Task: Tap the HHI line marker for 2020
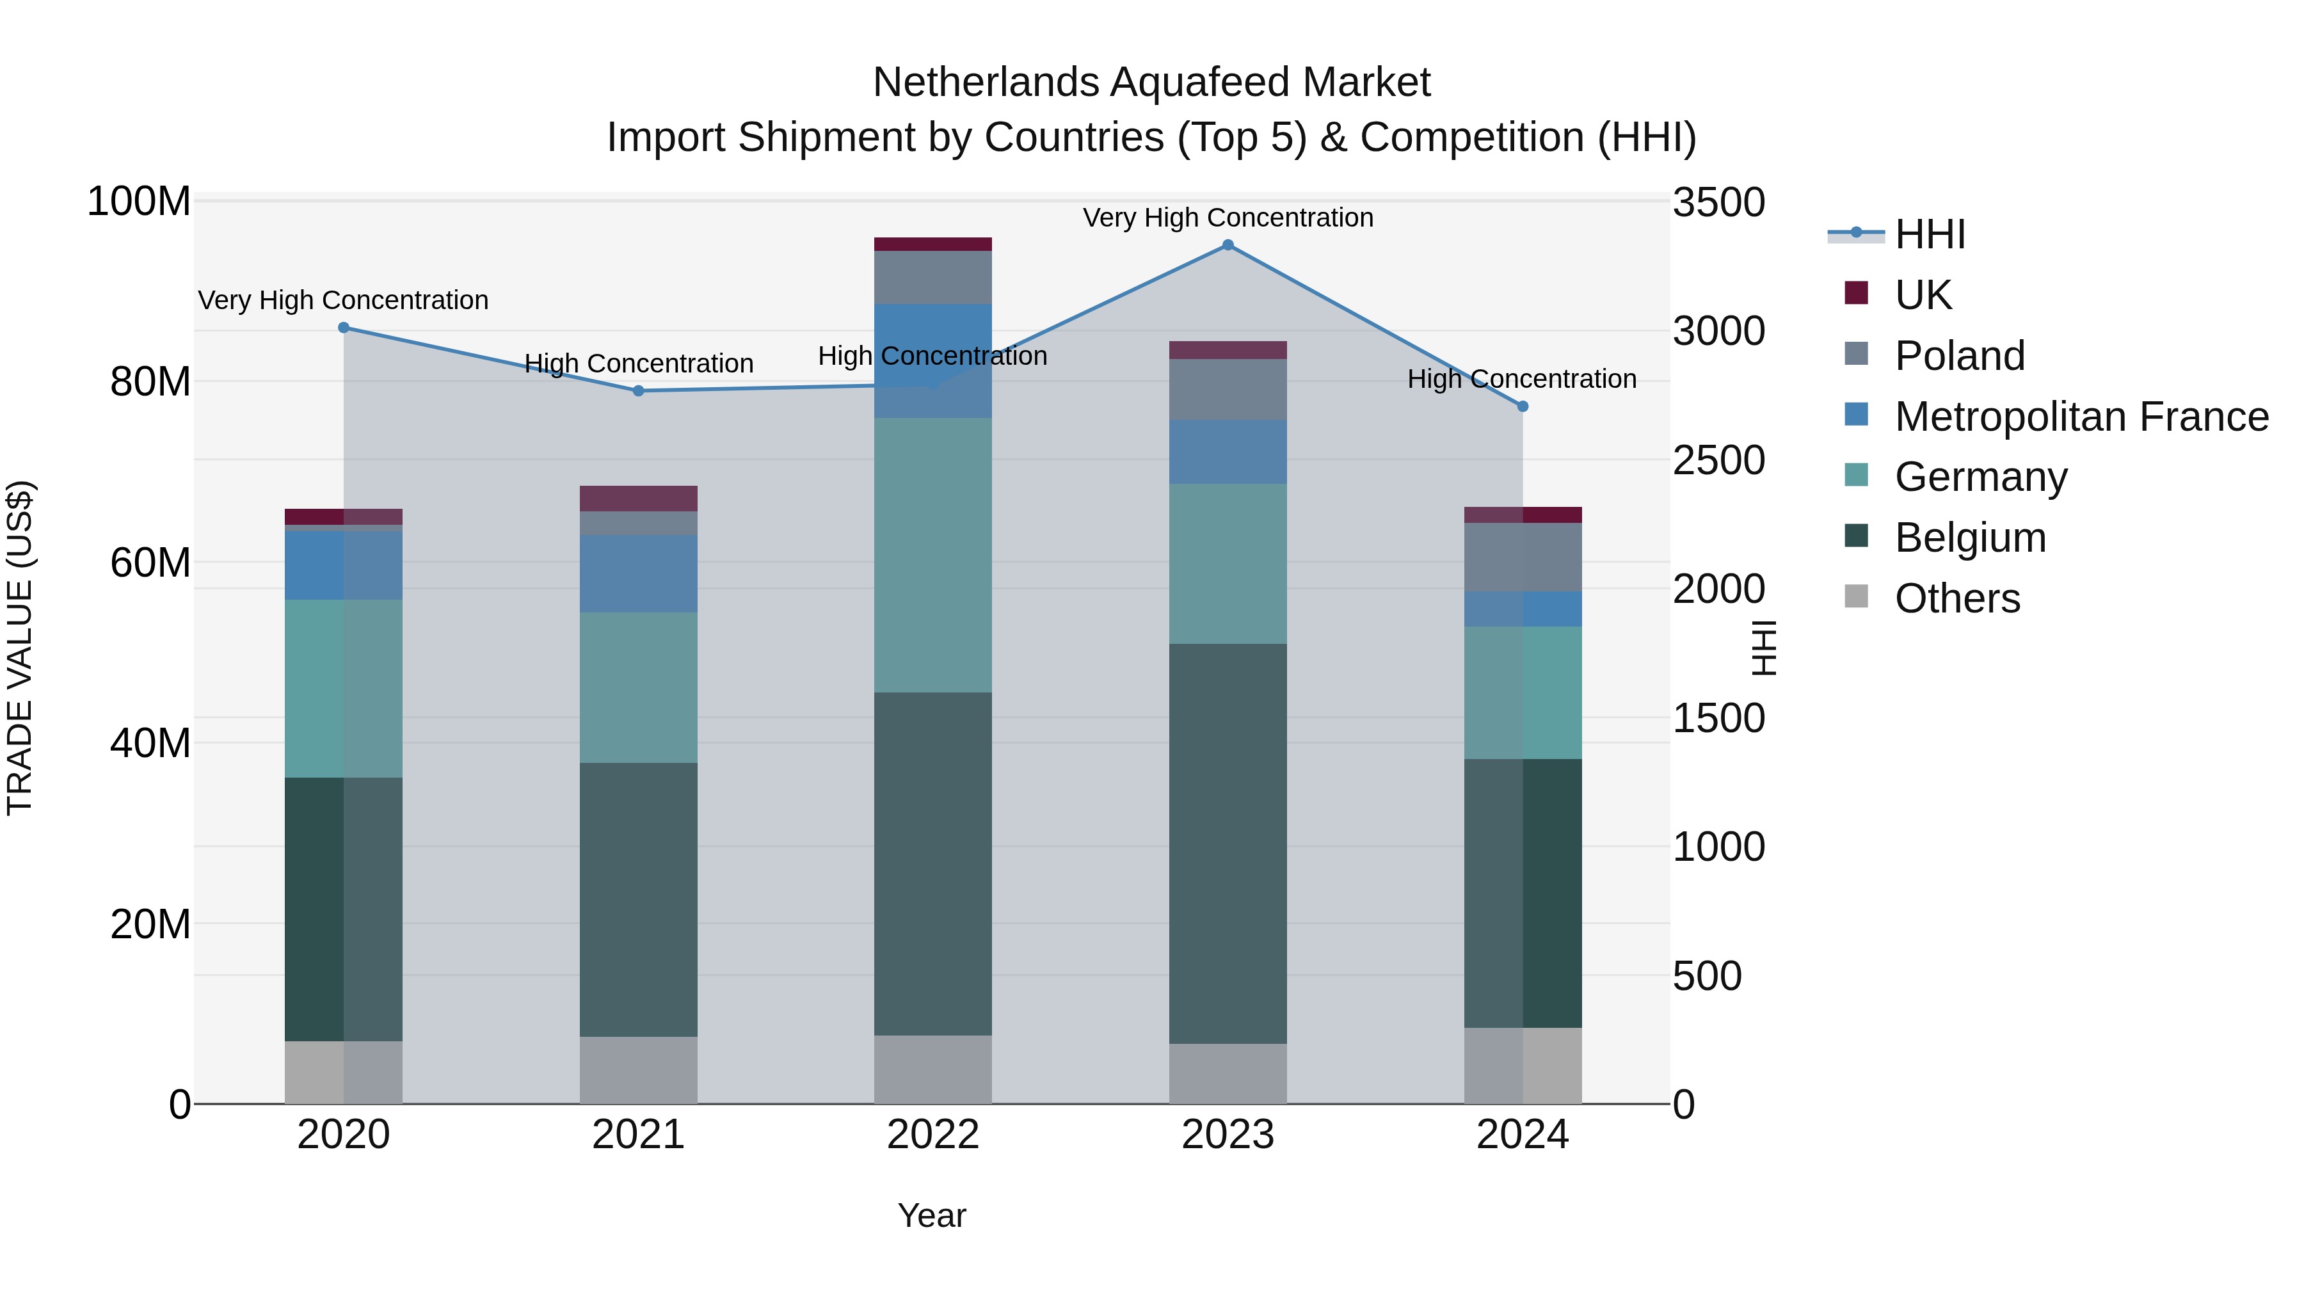[x=344, y=327]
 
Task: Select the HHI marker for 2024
[x=1523, y=406]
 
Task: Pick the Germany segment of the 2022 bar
[x=933, y=554]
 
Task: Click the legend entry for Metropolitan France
[x=2081, y=417]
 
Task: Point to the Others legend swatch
[x=1856, y=596]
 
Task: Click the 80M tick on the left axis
[x=150, y=382]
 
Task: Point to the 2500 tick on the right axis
[x=1718, y=461]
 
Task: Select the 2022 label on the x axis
[x=933, y=1135]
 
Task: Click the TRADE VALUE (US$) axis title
[x=20, y=648]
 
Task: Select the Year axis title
[x=932, y=1215]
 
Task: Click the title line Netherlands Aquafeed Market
[x=1151, y=83]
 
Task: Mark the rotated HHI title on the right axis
[x=1763, y=648]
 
